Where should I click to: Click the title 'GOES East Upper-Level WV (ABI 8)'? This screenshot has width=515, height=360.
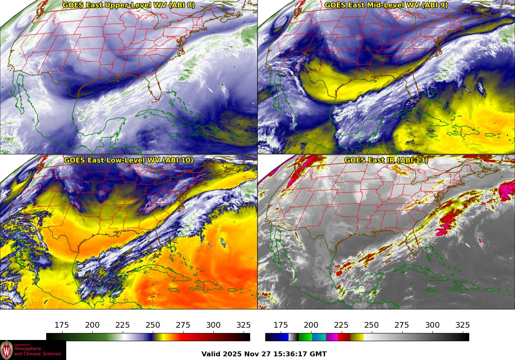tap(129, 5)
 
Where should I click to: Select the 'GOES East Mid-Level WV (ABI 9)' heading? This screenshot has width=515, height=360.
tap(386, 5)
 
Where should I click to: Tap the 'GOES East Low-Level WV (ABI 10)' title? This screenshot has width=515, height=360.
tap(129, 160)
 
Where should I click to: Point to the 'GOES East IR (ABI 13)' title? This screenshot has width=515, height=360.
tap(386, 160)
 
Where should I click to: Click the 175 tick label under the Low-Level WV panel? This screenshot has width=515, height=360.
tap(62, 325)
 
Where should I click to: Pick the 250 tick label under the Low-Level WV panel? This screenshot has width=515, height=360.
tap(153, 325)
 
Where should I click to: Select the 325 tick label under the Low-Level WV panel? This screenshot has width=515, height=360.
tap(244, 325)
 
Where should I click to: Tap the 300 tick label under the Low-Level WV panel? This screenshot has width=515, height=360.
tap(213, 325)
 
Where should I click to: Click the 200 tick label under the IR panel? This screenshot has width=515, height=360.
tap(311, 325)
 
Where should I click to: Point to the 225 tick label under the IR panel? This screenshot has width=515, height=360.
tap(341, 325)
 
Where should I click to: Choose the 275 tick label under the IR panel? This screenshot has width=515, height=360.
tap(402, 325)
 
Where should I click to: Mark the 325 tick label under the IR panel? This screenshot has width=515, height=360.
tap(462, 325)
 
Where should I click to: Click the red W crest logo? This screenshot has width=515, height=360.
tap(7, 350)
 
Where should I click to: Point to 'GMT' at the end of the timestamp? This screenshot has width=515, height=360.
tap(319, 354)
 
